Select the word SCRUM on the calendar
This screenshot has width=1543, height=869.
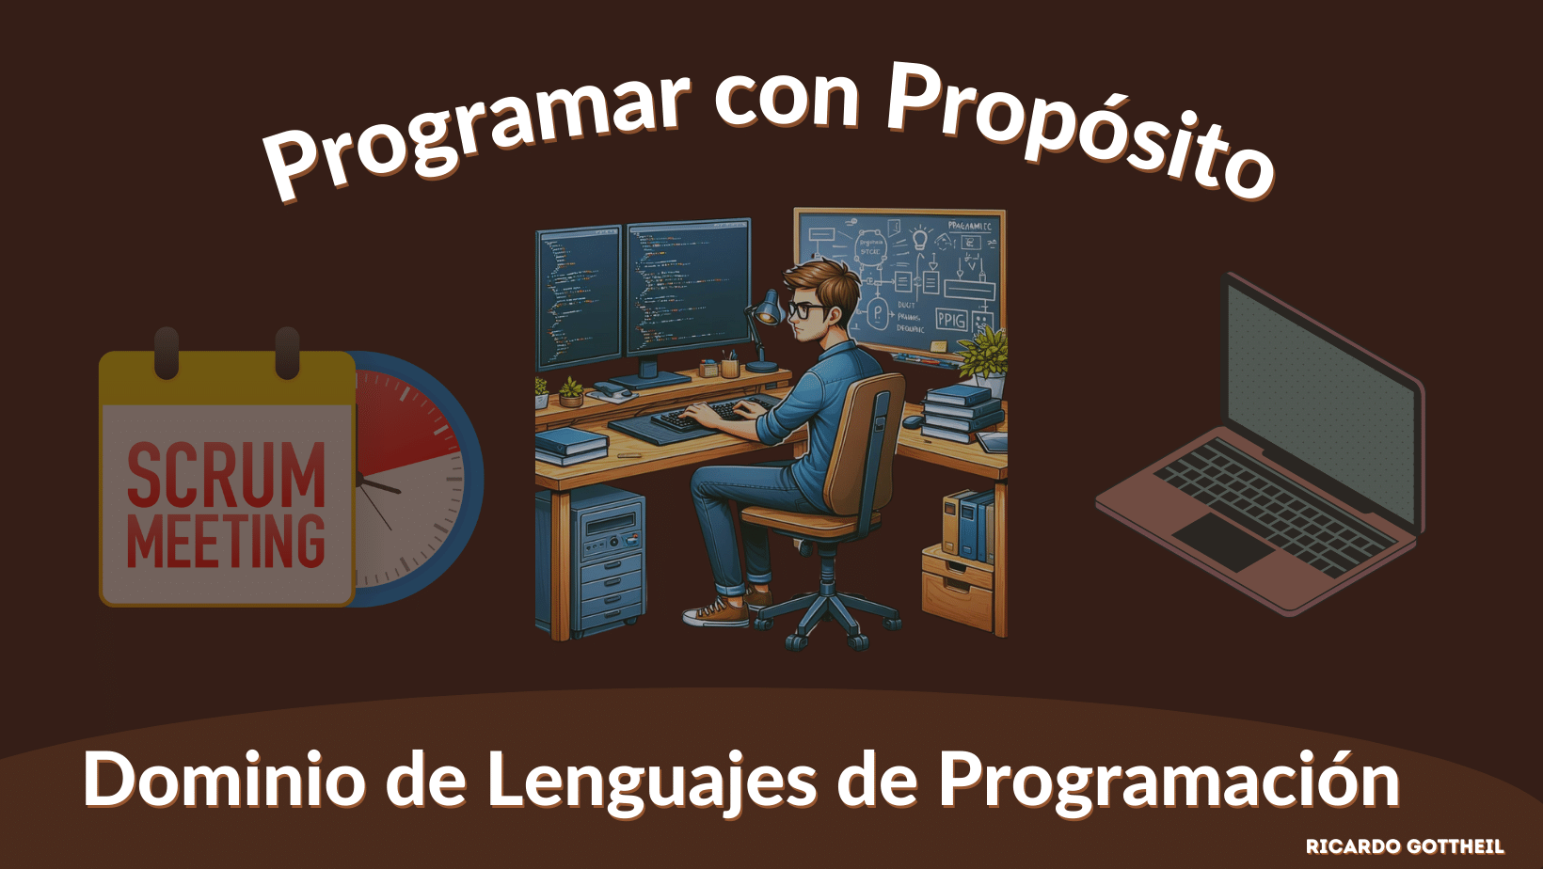(226, 475)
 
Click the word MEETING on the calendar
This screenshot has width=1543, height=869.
(226, 541)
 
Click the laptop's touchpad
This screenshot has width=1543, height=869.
(1222, 541)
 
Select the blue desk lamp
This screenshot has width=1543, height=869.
(767, 310)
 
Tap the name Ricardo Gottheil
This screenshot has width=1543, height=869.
(1404, 846)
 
